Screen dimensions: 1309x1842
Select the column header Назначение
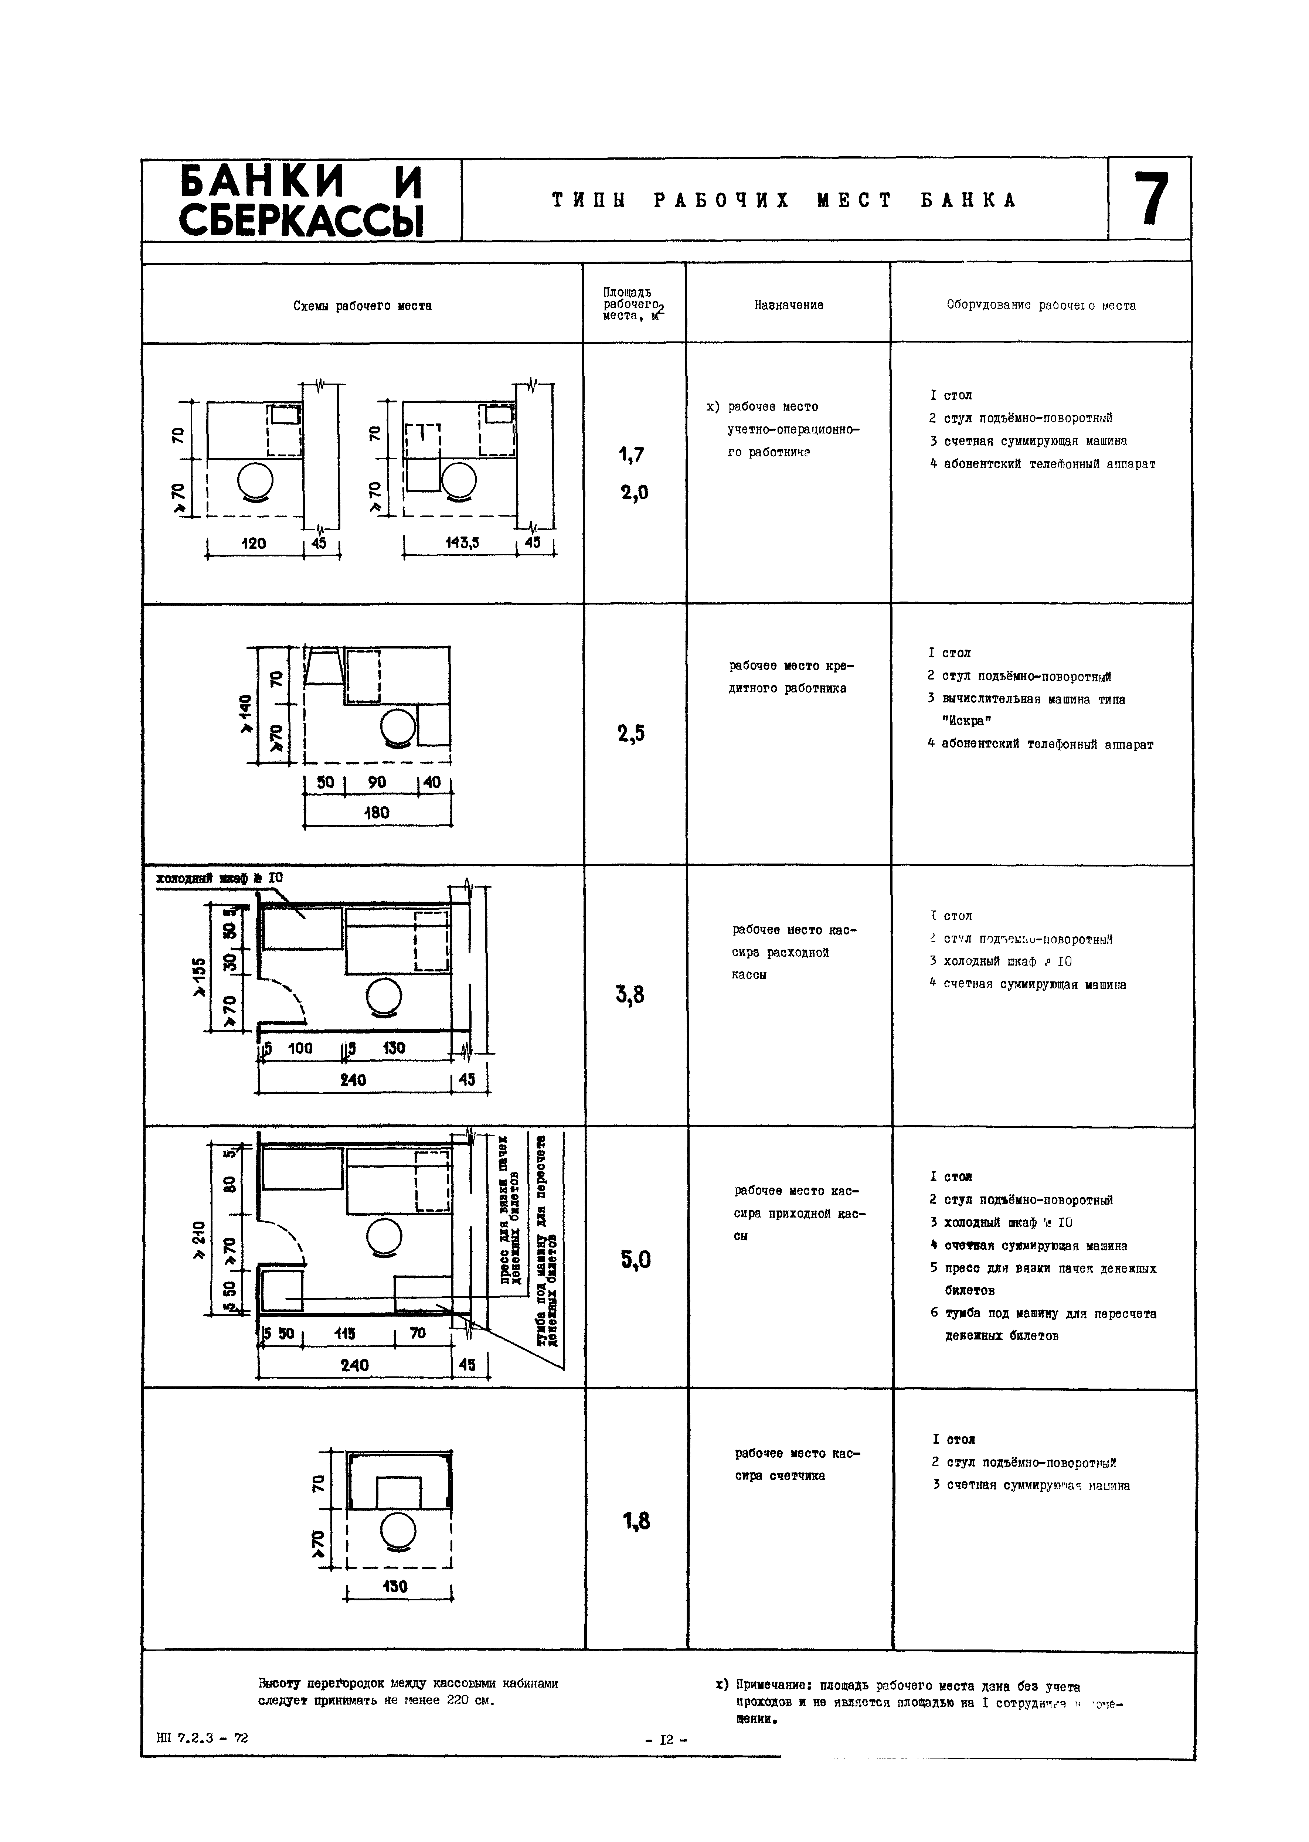click(x=788, y=305)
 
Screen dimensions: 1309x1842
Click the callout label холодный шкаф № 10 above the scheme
click(x=219, y=878)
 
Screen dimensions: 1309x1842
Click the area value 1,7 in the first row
click(x=632, y=455)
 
